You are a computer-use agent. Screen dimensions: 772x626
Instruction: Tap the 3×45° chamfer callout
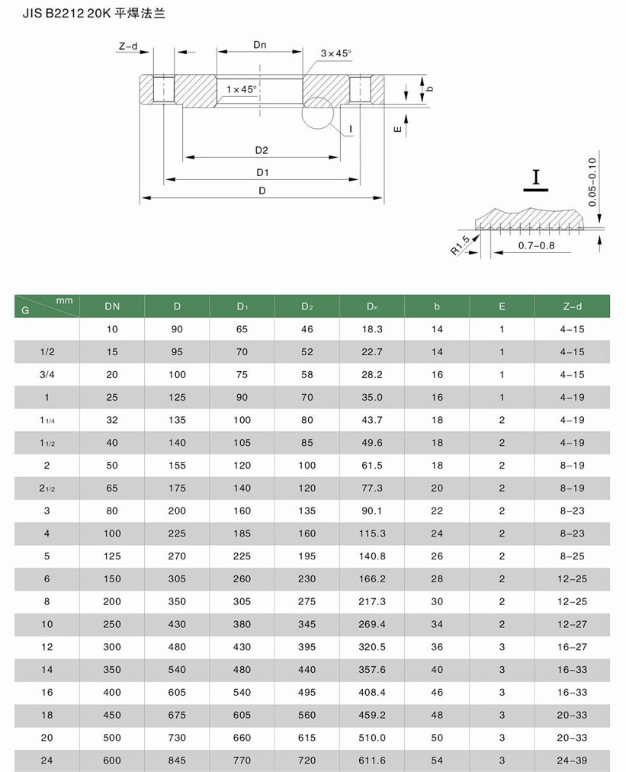coord(335,53)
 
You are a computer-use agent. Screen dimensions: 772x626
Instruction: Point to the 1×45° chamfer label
coord(242,89)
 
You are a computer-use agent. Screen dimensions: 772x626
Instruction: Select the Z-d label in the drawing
coord(127,46)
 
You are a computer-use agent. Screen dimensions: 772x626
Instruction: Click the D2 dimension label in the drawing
coord(262,149)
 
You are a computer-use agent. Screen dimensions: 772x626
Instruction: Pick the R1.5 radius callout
coord(461,245)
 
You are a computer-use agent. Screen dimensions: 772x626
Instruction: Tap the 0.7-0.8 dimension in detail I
coord(536,245)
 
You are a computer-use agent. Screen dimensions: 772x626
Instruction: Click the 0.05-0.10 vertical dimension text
coord(593,182)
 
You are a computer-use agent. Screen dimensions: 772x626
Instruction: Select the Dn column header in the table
coord(371,306)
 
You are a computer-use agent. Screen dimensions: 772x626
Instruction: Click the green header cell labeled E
coord(502,306)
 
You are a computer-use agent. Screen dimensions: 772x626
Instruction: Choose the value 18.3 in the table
coord(371,329)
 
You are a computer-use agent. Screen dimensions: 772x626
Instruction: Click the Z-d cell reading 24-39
coord(573,761)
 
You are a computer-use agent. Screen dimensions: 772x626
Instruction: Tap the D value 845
coord(177,761)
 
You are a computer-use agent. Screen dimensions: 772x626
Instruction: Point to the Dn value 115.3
coord(371,533)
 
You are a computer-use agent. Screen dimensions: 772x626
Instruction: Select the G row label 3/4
coord(47,375)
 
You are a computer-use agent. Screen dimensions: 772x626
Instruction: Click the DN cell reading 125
coord(112,556)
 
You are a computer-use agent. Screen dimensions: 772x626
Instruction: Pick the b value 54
coord(437,761)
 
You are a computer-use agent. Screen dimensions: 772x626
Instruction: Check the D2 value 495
coord(307,692)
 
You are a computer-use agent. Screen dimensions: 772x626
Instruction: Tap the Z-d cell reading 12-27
coord(573,624)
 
